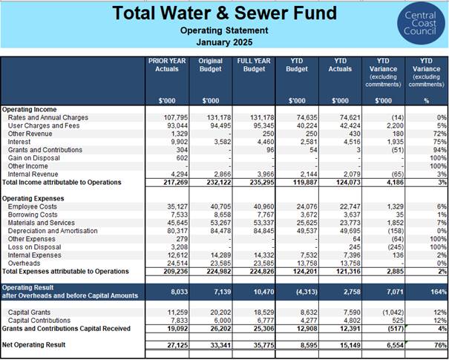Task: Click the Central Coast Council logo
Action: coord(421,23)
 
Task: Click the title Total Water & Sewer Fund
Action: coord(224,13)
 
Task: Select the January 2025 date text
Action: coord(224,42)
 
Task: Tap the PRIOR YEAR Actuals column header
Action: coord(167,65)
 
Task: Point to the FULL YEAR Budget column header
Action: coord(254,65)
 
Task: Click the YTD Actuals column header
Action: coord(340,65)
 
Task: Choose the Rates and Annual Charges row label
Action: coord(48,118)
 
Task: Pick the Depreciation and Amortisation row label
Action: coord(53,231)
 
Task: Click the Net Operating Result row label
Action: coord(34,345)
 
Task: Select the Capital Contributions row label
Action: coord(39,321)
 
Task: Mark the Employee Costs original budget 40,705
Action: coord(220,207)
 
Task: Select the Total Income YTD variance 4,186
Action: coord(395,183)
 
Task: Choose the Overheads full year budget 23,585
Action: coord(263,264)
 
